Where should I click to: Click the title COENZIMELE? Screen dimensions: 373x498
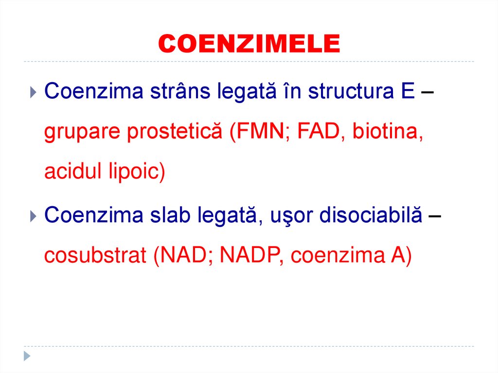[x=249, y=44]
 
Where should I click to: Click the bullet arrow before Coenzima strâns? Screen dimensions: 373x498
[x=33, y=91]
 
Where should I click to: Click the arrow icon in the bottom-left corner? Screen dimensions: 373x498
[x=28, y=355]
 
